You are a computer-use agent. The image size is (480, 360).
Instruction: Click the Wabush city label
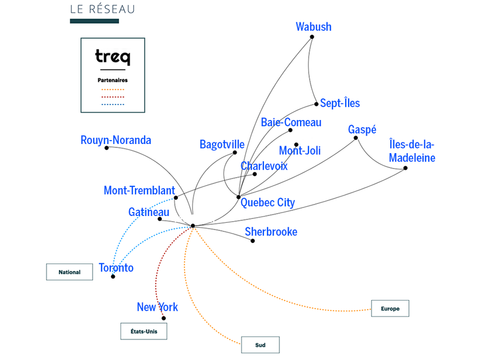(313, 27)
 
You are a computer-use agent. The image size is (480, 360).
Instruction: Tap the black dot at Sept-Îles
(316, 104)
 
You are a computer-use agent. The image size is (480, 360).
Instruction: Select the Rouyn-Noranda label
(116, 140)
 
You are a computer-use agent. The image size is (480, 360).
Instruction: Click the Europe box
(390, 309)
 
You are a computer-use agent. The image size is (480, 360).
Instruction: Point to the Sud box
(260, 345)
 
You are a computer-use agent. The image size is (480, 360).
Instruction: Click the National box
(69, 272)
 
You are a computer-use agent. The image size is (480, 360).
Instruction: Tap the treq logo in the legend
(112, 57)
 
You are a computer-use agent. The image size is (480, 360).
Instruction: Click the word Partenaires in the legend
(112, 81)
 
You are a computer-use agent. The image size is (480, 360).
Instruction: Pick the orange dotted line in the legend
(112, 90)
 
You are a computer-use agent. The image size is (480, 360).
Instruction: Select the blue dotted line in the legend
(112, 105)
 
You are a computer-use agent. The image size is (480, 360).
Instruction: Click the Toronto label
(116, 267)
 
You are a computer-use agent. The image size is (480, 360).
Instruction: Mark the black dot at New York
(164, 318)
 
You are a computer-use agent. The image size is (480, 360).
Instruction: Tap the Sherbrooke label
(271, 231)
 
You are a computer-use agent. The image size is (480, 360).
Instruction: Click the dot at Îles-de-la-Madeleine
(405, 168)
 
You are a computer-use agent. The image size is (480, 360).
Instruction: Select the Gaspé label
(362, 130)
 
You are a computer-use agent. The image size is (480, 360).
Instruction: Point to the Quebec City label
(267, 202)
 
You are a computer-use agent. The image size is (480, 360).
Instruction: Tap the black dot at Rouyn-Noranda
(107, 147)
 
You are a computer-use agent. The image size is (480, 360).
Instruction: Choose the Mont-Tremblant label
(139, 190)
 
